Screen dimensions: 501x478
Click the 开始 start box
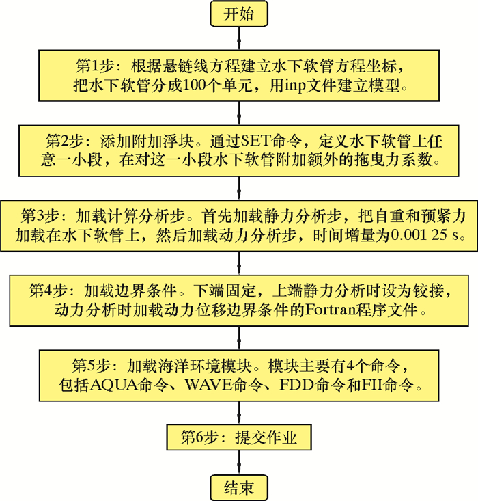coord(239,15)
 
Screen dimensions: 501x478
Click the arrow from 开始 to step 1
coord(239,39)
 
